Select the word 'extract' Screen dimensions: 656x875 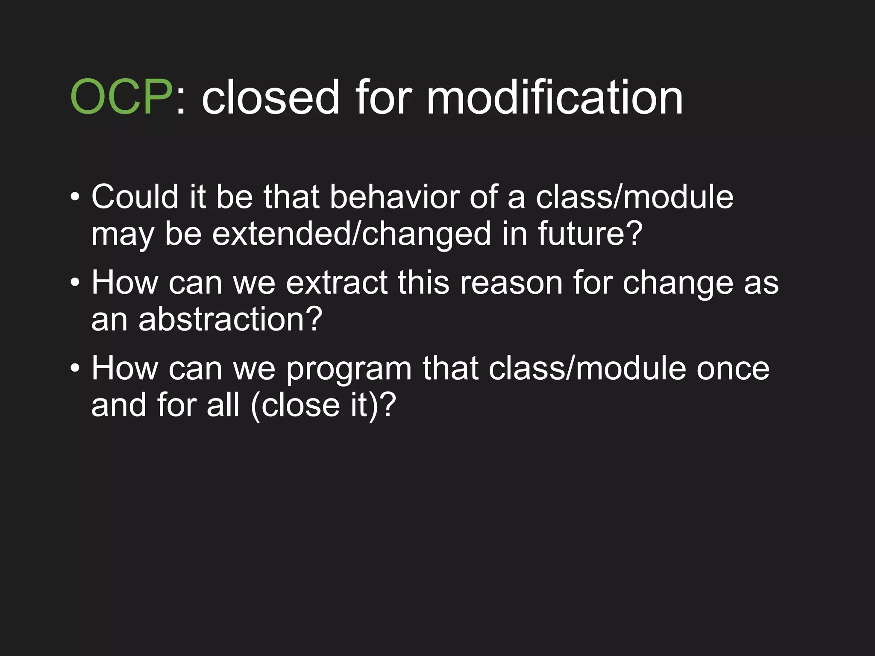point(336,283)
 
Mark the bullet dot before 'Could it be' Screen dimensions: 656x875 point(75,198)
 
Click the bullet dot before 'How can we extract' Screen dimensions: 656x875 point(75,283)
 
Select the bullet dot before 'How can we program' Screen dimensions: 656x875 point(75,368)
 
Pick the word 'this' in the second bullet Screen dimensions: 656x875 point(423,283)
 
